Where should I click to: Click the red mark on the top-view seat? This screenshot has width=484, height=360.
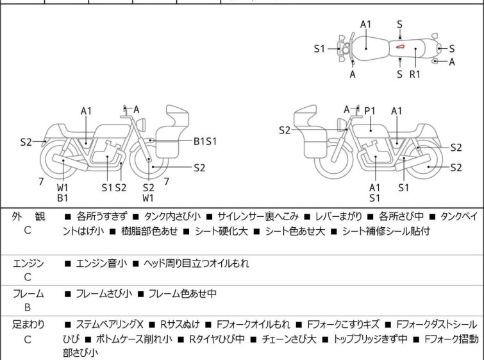[400, 47]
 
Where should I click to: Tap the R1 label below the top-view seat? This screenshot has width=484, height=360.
[415, 74]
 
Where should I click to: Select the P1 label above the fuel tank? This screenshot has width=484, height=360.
[370, 111]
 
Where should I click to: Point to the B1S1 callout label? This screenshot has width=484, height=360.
[205, 141]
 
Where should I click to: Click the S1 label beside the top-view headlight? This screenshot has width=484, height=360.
[319, 49]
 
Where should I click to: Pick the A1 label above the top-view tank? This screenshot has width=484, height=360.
[366, 24]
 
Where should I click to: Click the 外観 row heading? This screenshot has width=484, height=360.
[28, 216]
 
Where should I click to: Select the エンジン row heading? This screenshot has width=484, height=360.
[28, 264]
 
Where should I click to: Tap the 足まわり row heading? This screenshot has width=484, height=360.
[28, 325]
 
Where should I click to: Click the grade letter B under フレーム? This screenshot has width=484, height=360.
[28, 307]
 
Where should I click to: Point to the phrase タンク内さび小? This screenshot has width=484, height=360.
[172, 216]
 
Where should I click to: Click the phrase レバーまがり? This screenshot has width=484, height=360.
[338, 216]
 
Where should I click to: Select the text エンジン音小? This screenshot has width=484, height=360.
[101, 264]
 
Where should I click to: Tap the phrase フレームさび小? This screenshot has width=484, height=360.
[104, 293]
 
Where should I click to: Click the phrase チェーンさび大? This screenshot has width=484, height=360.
[289, 339]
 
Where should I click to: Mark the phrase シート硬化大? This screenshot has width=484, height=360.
[221, 231]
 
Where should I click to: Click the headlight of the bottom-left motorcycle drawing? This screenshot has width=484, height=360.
[141, 124]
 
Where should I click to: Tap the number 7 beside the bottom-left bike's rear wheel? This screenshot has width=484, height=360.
[41, 182]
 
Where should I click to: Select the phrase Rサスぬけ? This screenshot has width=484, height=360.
[180, 325]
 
